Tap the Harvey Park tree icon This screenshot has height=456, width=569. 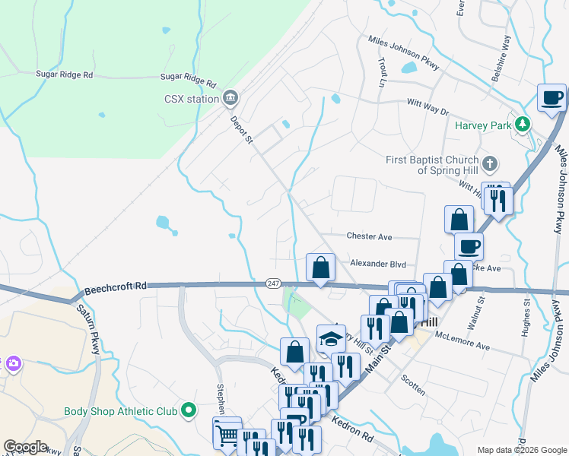[x=522, y=123]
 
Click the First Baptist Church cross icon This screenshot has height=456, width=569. [x=491, y=163]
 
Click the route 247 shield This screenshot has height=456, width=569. [x=274, y=283]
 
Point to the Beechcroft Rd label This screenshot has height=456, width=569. [x=115, y=287]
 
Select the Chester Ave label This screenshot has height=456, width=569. [x=369, y=237]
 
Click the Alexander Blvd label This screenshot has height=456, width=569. [x=377, y=264]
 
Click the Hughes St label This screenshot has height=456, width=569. [x=526, y=314]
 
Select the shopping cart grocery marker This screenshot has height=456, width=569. [x=227, y=434]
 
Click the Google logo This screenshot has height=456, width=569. [x=25, y=447]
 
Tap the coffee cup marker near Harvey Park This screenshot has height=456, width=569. [x=552, y=97]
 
